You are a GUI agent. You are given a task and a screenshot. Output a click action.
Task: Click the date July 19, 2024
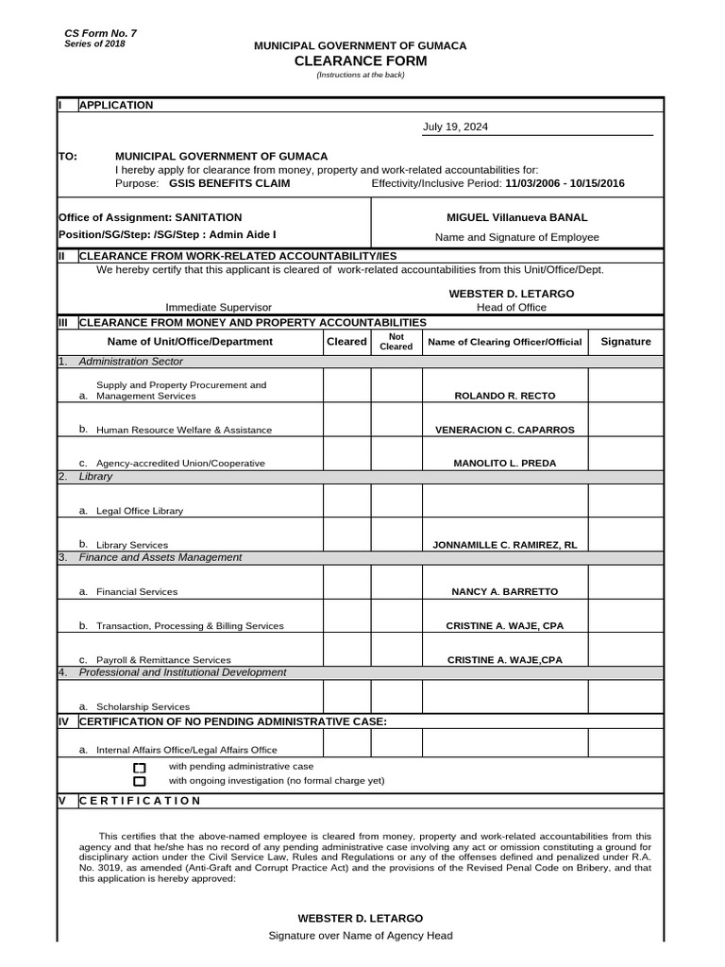pyautogui.click(x=455, y=127)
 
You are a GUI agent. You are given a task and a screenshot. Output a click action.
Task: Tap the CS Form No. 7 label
pyautogui.click(x=100, y=34)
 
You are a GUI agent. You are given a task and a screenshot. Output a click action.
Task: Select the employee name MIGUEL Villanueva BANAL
pyautogui.click(x=516, y=217)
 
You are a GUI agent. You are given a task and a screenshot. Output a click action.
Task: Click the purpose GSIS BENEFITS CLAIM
pyautogui.click(x=229, y=183)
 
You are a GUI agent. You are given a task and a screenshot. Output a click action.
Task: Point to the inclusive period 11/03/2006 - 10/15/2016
pyautogui.click(x=565, y=183)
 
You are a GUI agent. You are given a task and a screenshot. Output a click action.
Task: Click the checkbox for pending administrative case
pyautogui.click(x=140, y=768)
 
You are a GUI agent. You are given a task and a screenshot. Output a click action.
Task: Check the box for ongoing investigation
pyautogui.click(x=140, y=782)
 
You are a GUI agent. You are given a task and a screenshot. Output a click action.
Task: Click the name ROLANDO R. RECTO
pyautogui.click(x=505, y=396)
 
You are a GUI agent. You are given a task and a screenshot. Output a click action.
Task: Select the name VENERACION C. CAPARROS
pyautogui.click(x=504, y=430)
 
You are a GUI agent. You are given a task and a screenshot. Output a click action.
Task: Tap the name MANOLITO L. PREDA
pyautogui.click(x=505, y=464)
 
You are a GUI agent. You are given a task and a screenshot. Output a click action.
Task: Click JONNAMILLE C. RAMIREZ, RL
pyautogui.click(x=504, y=545)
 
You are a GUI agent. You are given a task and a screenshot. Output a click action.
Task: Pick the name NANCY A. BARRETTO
pyautogui.click(x=505, y=591)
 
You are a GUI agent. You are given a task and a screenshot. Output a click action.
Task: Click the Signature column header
pyautogui.click(x=626, y=342)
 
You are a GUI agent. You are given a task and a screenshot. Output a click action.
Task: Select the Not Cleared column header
pyautogui.click(x=396, y=342)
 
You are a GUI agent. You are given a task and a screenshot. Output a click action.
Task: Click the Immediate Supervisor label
pyautogui.click(x=218, y=308)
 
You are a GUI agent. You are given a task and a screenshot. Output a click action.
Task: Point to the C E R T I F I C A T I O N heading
pyautogui.click(x=140, y=801)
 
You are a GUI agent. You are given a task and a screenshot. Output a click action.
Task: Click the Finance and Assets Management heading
pyautogui.click(x=160, y=557)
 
